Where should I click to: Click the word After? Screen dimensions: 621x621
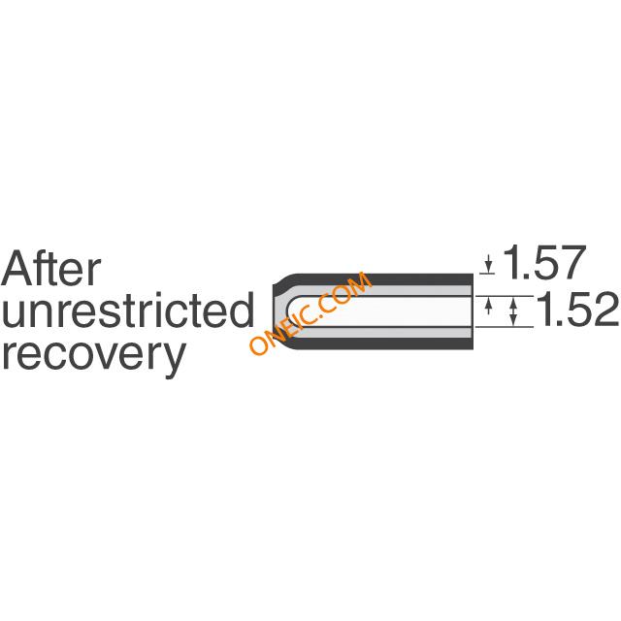(51, 268)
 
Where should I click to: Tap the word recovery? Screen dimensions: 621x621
(94, 355)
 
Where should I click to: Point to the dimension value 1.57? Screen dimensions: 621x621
(544, 262)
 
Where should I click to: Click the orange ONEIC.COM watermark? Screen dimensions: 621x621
(310, 312)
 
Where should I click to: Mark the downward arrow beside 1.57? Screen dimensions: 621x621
(489, 263)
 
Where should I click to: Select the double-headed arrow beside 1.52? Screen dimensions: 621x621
(513, 311)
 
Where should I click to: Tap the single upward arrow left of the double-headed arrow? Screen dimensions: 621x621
(489, 306)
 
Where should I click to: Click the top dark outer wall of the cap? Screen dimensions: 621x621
(380, 278)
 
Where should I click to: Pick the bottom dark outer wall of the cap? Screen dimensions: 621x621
(380, 343)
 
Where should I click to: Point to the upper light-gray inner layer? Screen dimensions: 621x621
(380, 290)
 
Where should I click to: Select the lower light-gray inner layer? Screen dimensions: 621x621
(380, 332)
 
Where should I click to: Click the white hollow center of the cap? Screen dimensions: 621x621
(380, 311)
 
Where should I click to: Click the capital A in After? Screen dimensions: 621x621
(16, 268)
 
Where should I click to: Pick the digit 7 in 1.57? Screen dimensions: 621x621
(572, 262)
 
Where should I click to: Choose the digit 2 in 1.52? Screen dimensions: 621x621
(605, 310)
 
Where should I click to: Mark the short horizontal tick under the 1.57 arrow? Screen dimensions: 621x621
(487, 274)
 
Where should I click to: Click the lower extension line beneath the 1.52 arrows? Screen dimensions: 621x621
(505, 327)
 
